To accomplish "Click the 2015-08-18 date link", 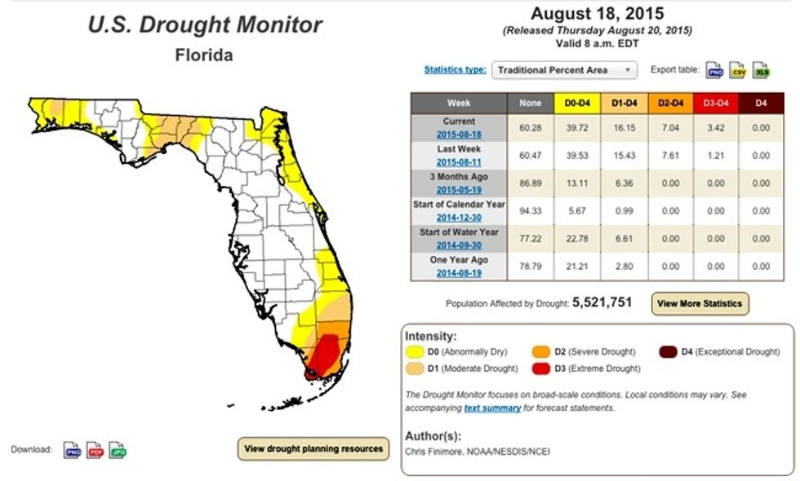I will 458,134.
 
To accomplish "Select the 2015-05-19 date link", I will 458,189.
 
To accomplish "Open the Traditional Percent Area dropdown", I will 564,70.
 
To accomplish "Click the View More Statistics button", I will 700,303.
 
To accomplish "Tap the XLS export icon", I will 761,70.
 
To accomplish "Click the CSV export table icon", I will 738,70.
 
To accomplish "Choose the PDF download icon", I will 95,450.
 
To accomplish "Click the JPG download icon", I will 118,450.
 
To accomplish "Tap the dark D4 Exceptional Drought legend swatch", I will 669,352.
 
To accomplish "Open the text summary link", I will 493,408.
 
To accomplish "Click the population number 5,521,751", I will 602,302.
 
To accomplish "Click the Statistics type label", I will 455,69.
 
